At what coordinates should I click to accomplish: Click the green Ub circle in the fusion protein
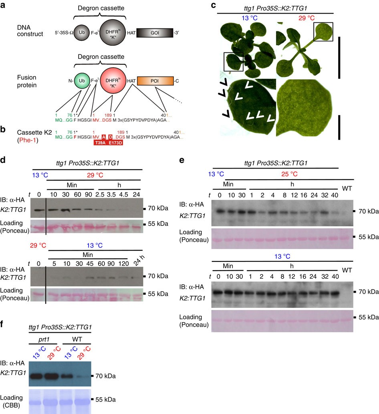(x=82, y=81)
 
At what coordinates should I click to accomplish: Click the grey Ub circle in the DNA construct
(x=82, y=33)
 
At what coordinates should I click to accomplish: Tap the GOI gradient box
(x=155, y=33)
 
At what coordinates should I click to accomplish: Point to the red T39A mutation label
(x=101, y=143)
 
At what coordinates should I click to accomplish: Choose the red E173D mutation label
(x=115, y=143)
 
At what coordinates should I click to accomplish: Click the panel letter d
(x=3, y=160)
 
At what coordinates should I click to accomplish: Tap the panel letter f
(x=2, y=324)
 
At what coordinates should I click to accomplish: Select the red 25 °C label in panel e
(x=289, y=174)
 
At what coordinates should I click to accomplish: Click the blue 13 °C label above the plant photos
(x=249, y=18)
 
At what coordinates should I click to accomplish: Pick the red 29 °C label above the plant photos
(x=306, y=18)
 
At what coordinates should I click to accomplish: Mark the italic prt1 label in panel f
(x=44, y=340)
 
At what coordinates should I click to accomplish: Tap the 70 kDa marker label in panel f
(x=105, y=376)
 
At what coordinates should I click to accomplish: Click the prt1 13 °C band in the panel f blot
(x=37, y=376)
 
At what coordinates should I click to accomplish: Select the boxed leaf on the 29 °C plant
(x=323, y=32)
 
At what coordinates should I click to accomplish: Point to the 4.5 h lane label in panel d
(x=124, y=195)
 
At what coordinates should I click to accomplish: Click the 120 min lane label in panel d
(x=123, y=263)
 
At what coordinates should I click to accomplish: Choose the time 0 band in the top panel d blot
(x=39, y=210)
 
